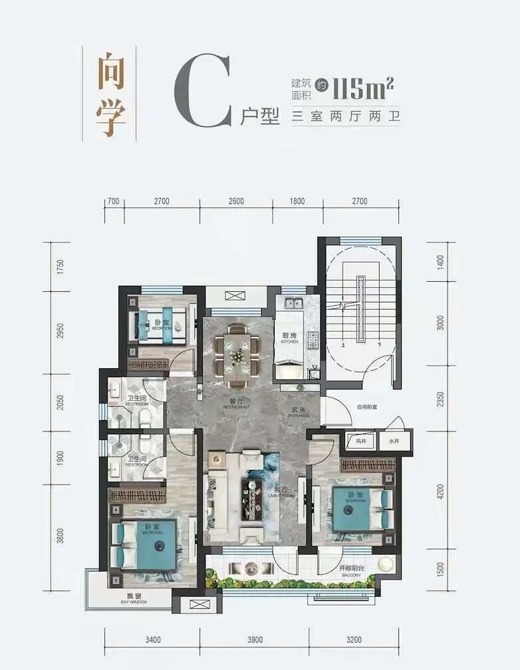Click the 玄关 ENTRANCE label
tap(297, 412)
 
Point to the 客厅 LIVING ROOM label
tap(287, 492)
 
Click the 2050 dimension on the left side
tap(60, 403)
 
